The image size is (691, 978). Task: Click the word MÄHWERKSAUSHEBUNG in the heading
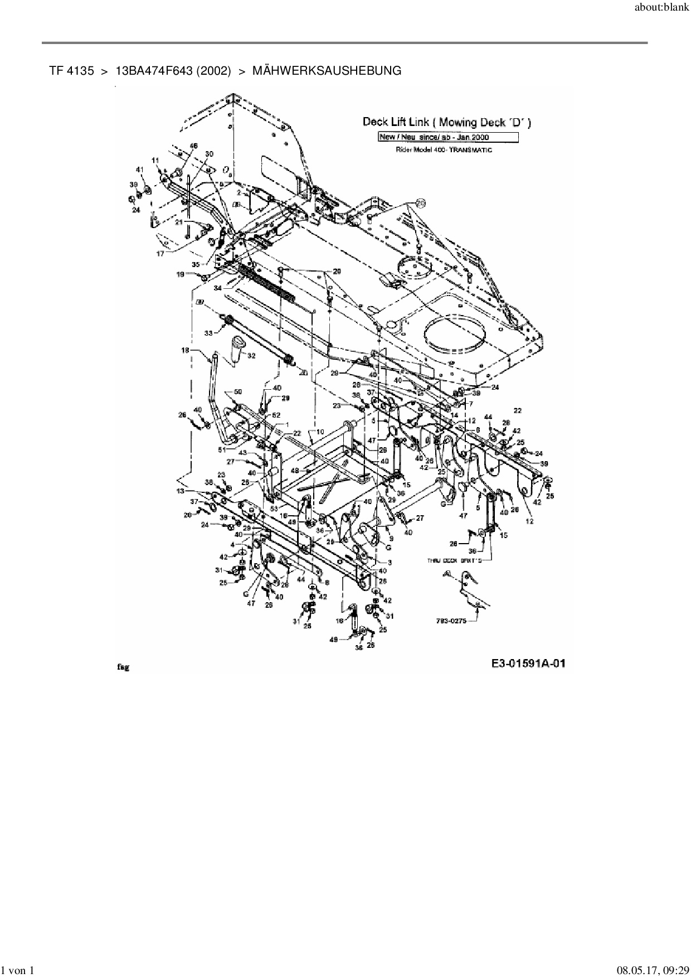click(327, 71)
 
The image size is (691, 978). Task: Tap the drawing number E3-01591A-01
click(529, 663)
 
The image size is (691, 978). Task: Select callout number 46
click(193, 146)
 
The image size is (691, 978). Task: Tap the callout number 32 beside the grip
click(251, 355)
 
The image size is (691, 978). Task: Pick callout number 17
click(160, 254)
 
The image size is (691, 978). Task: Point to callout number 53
click(273, 509)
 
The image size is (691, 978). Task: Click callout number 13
click(180, 491)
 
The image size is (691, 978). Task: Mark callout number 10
click(319, 432)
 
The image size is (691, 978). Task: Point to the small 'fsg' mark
click(123, 667)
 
